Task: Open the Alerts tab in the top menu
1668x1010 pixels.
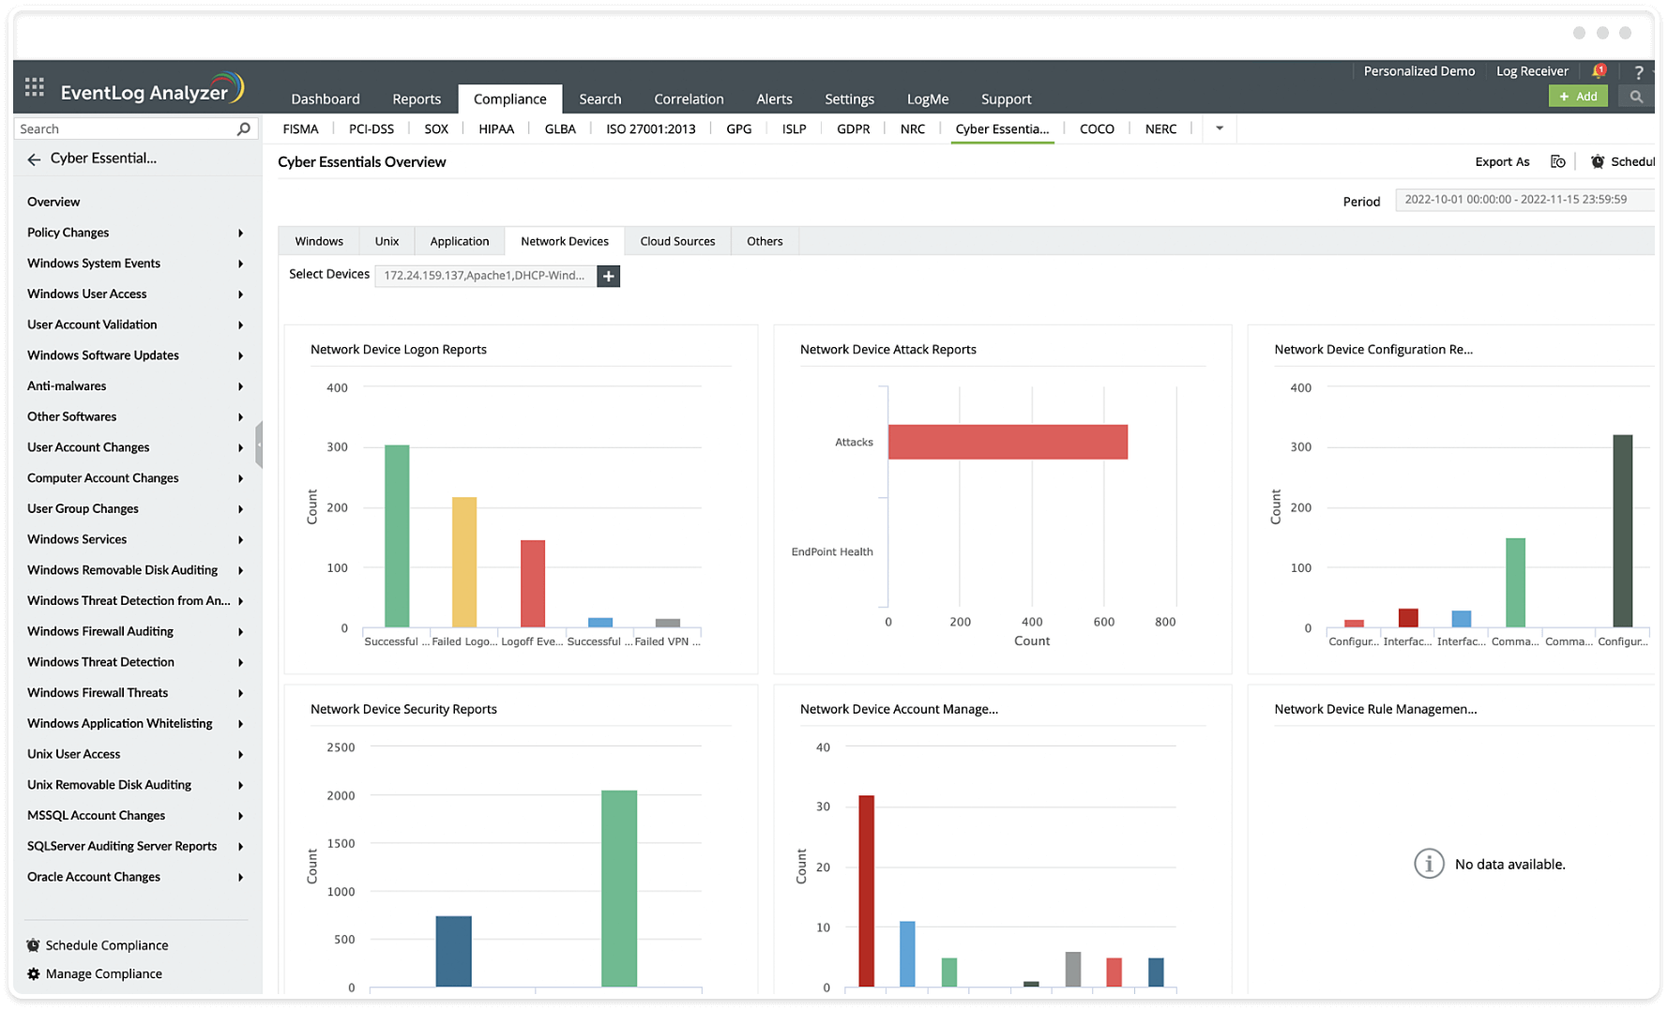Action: pyautogui.click(x=774, y=99)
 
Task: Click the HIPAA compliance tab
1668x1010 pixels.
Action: pyautogui.click(x=496, y=129)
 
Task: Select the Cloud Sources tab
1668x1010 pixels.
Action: pyautogui.click(x=677, y=242)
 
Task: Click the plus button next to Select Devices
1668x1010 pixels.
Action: pyautogui.click(x=609, y=276)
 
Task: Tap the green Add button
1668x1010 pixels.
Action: pyautogui.click(x=1578, y=97)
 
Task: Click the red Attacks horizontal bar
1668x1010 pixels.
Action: pyautogui.click(x=1008, y=442)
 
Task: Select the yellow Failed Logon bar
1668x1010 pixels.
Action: pyautogui.click(x=464, y=562)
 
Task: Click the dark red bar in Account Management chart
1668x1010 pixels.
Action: pyautogui.click(x=867, y=890)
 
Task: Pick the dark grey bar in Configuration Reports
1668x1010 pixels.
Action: pyautogui.click(x=1622, y=531)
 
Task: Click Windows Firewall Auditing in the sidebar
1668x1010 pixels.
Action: pyautogui.click(x=100, y=632)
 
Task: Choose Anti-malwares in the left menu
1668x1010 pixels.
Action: pyautogui.click(x=67, y=386)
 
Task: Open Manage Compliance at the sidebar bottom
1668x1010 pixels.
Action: pyautogui.click(x=103, y=974)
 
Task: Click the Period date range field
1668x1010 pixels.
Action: pyautogui.click(x=1522, y=200)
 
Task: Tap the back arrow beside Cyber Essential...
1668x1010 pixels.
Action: pyautogui.click(x=34, y=159)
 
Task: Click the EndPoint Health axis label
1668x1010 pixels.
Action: pyautogui.click(x=832, y=552)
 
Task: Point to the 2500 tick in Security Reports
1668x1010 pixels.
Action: pyautogui.click(x=341, y=747)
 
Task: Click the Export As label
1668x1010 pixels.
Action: pyautogui.click(x=1502, y=162)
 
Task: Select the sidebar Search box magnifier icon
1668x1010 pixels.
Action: pyautogui.click(x=244, y=129)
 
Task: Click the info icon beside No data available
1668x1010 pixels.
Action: pyautogui.click(x=1429, y=864)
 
